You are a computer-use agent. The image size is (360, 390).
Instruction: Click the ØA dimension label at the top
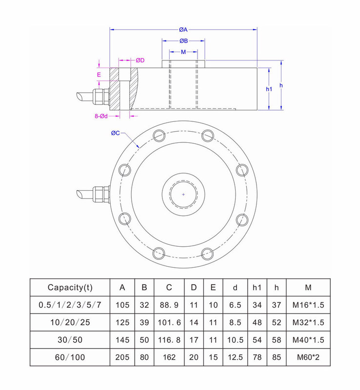183,30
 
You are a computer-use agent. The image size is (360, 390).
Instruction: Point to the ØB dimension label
183,41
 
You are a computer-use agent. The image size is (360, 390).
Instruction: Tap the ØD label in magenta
140,60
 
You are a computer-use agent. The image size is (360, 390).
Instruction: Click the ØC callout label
115,133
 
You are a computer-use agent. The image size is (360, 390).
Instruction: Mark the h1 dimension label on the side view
269,89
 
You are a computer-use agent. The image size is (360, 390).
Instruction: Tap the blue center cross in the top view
183,194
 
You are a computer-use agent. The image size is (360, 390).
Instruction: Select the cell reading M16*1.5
308,305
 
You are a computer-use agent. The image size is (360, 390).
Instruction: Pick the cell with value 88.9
169,305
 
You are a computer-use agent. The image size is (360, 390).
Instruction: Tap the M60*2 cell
308,357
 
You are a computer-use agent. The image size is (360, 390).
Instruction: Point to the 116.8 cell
169,340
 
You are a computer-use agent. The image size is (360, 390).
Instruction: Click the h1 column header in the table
257,287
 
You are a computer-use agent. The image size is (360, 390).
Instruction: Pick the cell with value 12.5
235,357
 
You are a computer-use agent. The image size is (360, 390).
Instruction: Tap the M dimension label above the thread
183,52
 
